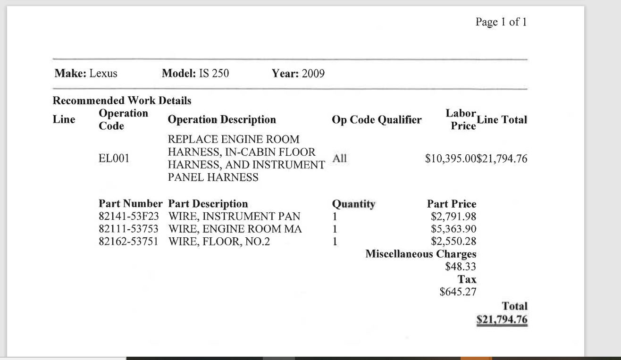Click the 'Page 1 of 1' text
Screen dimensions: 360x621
pos(501,22)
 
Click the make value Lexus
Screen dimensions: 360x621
pos(103,74)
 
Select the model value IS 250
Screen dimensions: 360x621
pos(214,74)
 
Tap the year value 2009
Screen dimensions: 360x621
pos(313,74)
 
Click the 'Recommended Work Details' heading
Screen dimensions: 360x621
pos(122,100)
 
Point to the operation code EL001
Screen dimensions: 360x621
pos(114,159)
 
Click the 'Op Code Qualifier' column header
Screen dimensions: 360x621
pos(377,120)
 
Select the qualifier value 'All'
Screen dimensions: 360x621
pos(340,159)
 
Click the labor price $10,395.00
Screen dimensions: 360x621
pos(451,159)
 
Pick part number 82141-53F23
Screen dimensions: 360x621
pos(129,217)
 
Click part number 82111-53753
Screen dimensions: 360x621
pos(129,229)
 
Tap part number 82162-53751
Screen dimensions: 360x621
pos(129,242)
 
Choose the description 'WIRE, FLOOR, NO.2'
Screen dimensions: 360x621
pos(219,242)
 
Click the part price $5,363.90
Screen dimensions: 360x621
pos(453,229)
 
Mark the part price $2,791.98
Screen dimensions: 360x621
pos(453,217)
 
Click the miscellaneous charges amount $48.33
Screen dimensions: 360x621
pos(461,267)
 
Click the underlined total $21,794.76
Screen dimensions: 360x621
pos(502,320)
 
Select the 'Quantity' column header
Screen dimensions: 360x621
pos(354,204)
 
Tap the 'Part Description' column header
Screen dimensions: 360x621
pos(208,204)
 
